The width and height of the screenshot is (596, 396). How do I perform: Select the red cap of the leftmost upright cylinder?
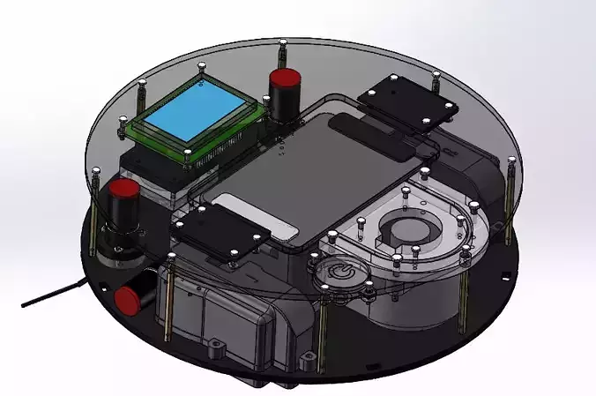tap(123, 190)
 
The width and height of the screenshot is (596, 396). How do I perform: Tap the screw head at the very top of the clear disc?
tap(281, 43)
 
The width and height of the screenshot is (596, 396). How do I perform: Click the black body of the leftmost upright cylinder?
tap(123, 216)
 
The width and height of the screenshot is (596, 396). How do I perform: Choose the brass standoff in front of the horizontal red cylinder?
tap(167, 295)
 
